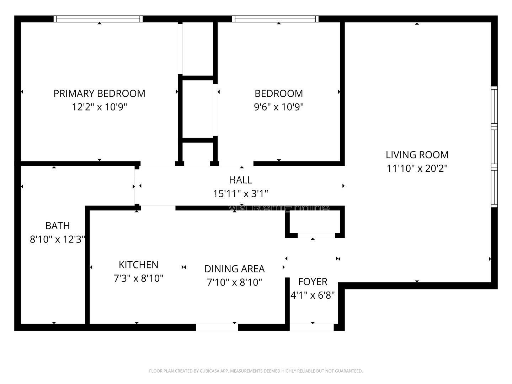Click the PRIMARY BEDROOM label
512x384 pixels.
tap(99, 93)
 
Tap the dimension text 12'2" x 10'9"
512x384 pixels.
tap(99, 107)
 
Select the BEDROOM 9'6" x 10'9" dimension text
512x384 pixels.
tap(278, 107)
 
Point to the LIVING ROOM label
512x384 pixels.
tap(417, 155)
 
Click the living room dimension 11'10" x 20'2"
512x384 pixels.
tap(417, 168)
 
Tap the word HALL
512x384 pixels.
tap(240, 180)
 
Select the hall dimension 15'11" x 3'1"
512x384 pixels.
tap(240, 193)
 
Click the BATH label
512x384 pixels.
tap(57, 225)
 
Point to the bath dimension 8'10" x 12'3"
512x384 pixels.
tap(57, 239)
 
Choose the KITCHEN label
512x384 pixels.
tap(138, 265)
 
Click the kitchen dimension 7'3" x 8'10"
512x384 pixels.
tap(138, 278)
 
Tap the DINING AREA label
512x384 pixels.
tap(234, 269)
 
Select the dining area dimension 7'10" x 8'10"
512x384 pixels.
tap(234, 282)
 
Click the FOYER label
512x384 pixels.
tap(313, 282)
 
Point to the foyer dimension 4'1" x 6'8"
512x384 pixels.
tap(313, 295)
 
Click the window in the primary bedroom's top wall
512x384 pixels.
tap(98, 19)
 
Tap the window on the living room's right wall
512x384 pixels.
tap(494, 146)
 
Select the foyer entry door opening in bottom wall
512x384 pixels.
tap(312, 327)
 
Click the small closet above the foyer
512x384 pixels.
tap(315, 223)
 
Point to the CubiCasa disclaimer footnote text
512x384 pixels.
tap(256, 371)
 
